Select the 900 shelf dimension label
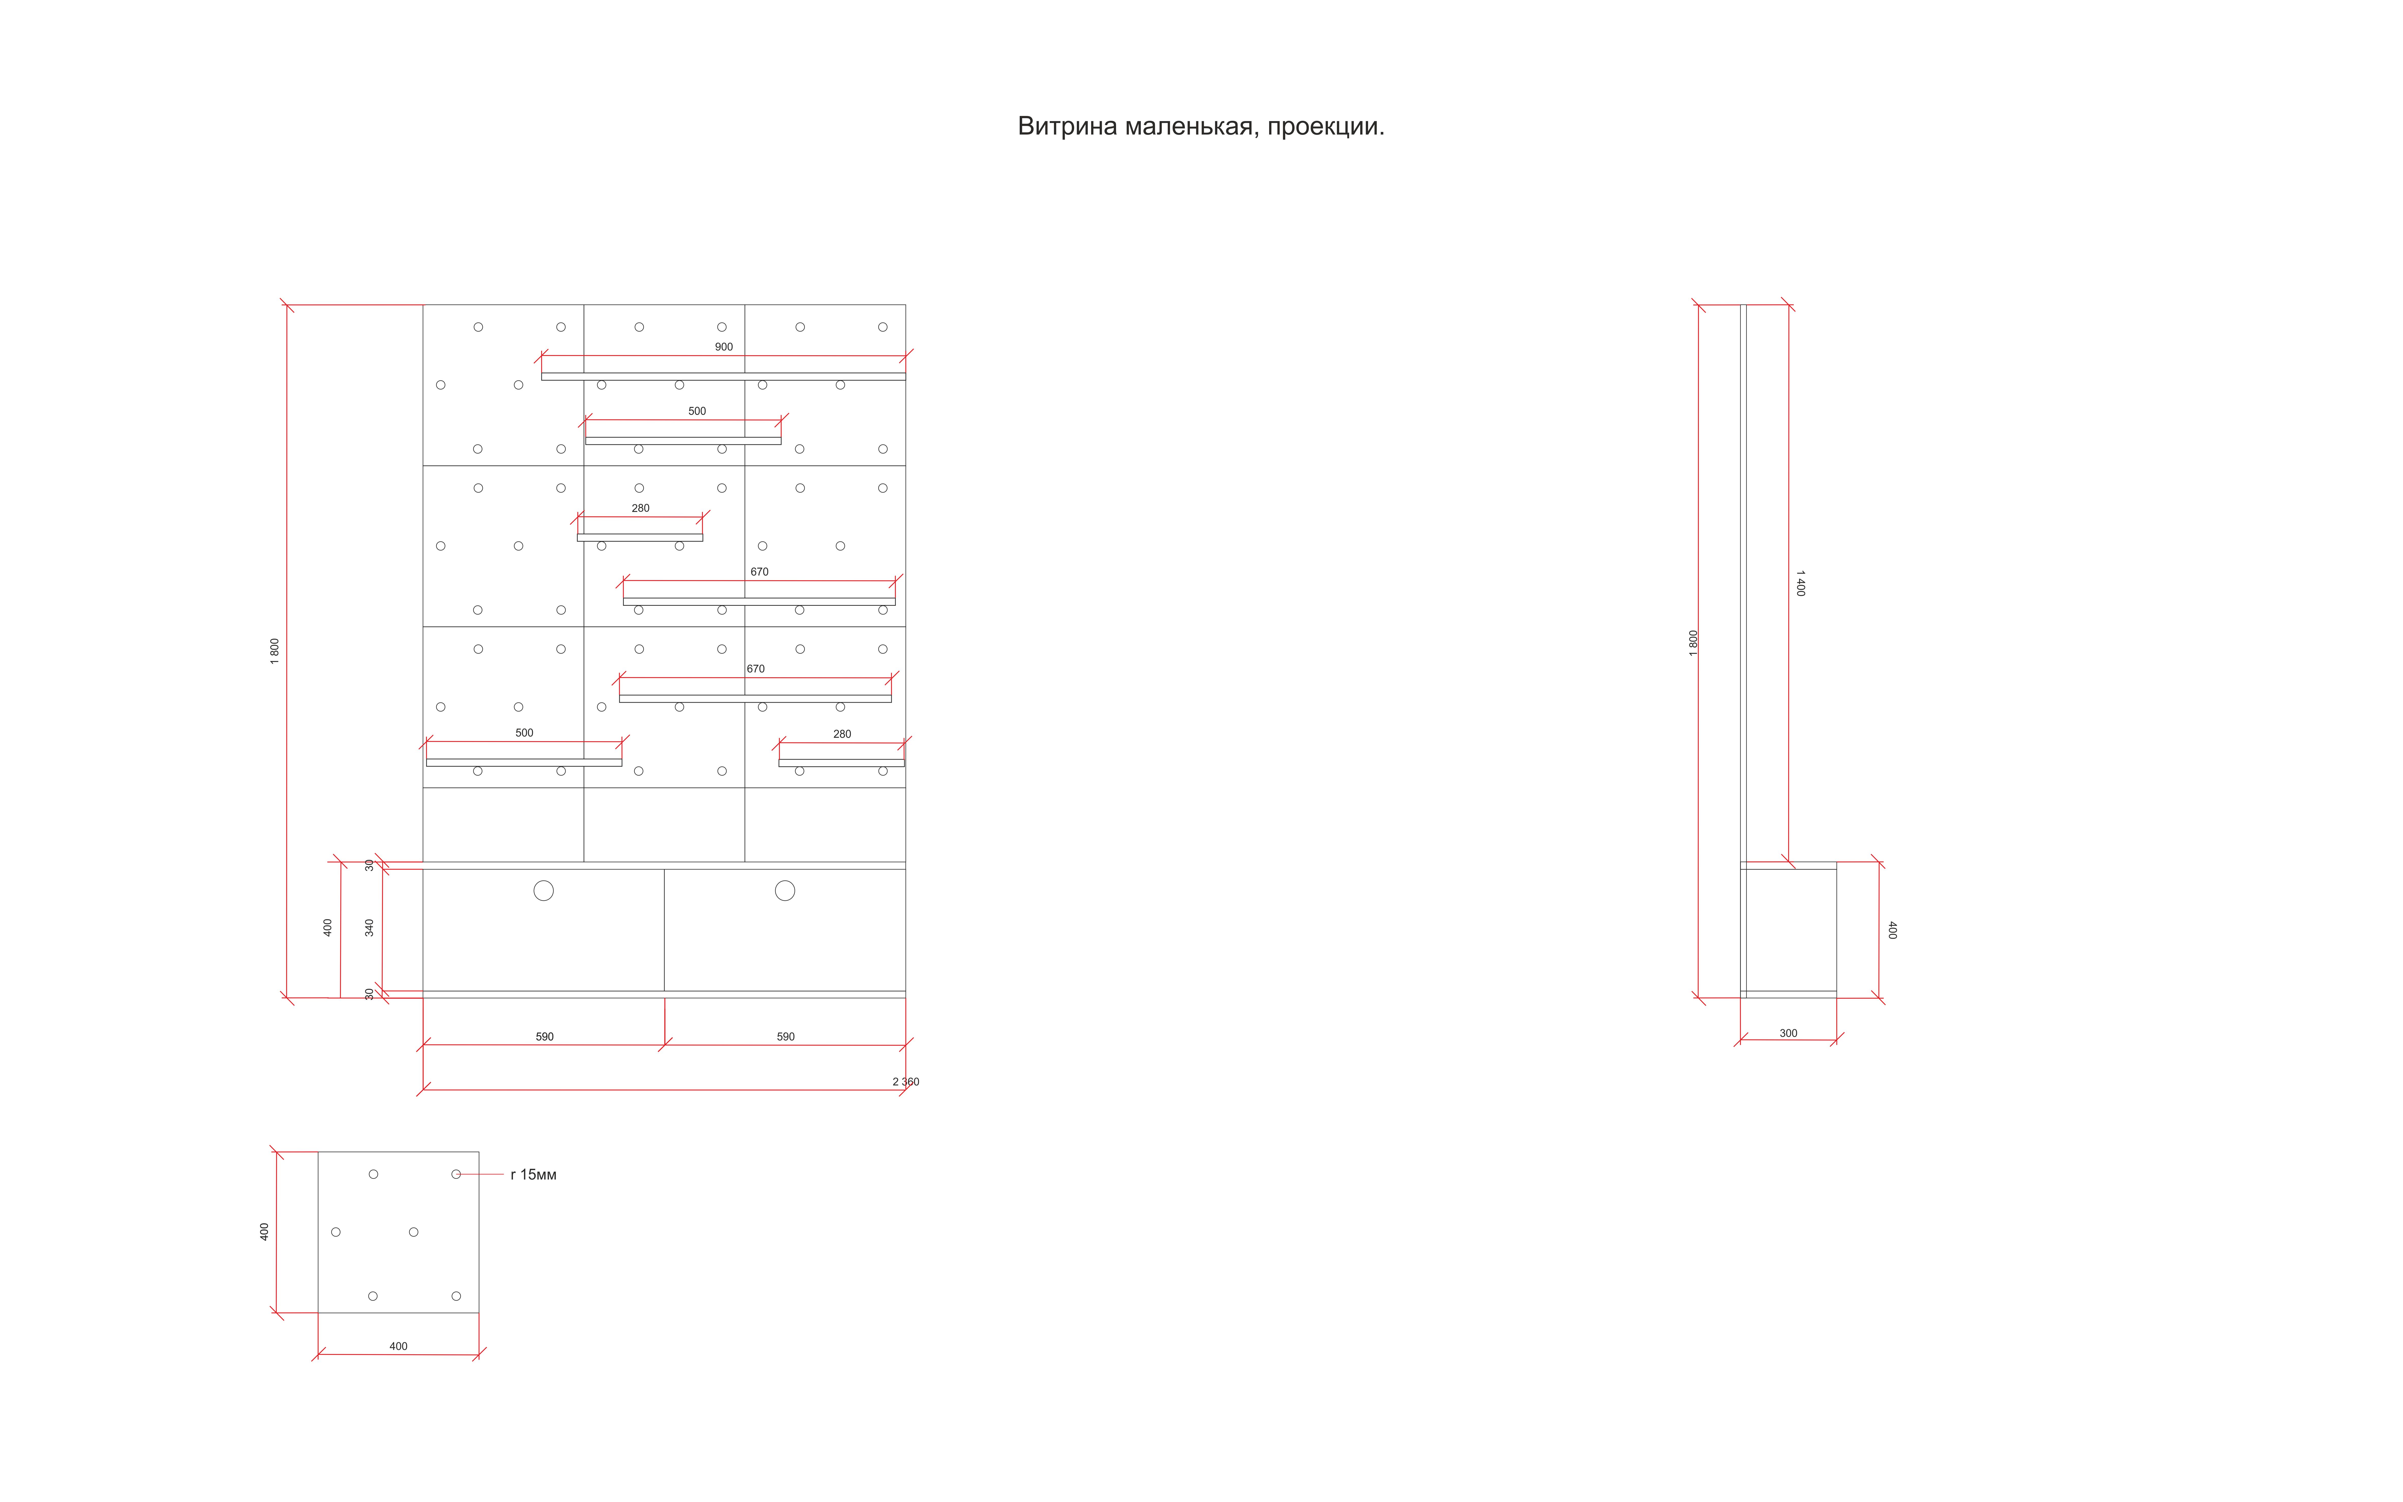pos(724,347)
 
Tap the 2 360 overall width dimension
pos(904,1082)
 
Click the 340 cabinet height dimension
pos(369,927)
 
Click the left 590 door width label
pos(544,1036)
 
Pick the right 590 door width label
pos(785,1036)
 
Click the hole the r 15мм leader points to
pos(456,1174)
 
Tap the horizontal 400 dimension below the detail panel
pos(398,1346)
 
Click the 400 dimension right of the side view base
pos(1892,930)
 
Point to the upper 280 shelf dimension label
pos(641,508)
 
